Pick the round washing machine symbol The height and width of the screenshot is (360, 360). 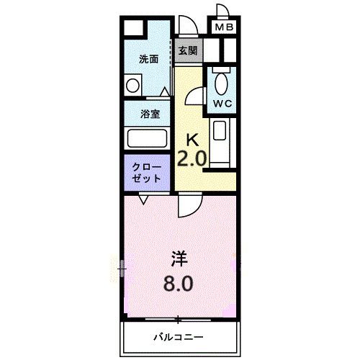click(x=133, y=86)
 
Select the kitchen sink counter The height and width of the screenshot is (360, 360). click(x=220, y=140)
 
